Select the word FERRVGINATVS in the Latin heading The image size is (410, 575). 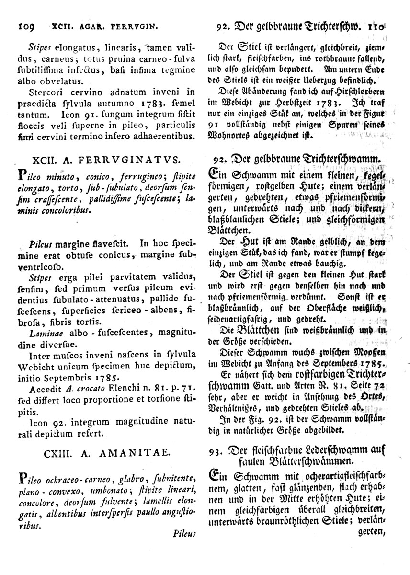139,159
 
